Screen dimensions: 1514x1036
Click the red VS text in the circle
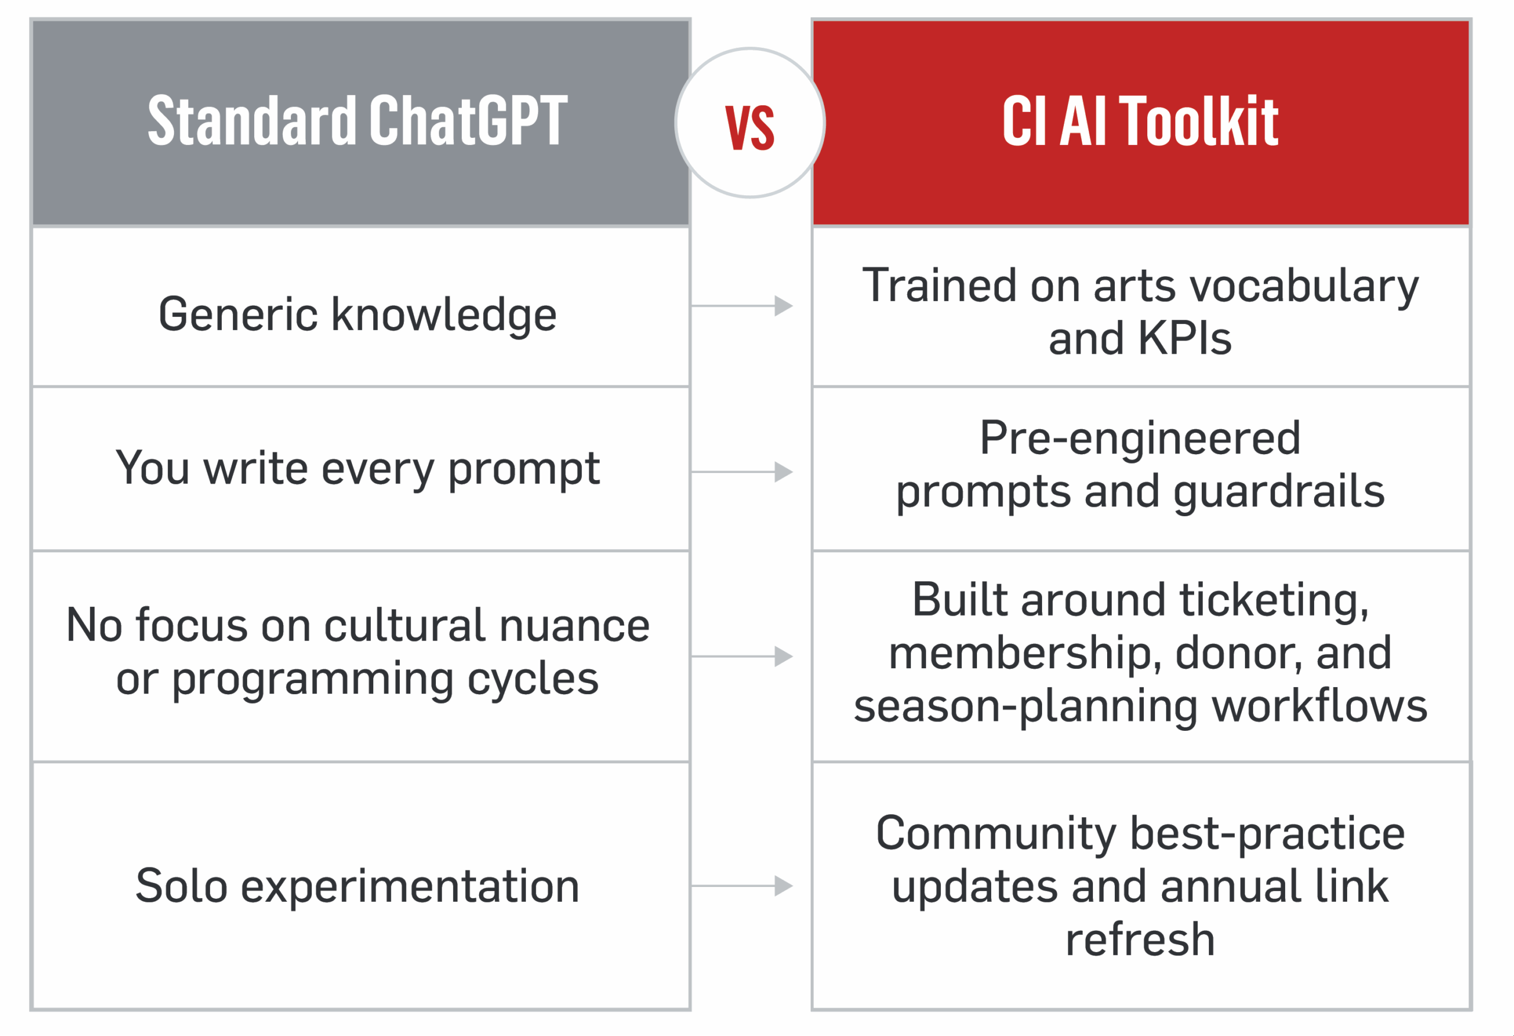750,128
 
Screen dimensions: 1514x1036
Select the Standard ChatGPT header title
358,121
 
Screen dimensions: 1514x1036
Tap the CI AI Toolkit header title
1140,121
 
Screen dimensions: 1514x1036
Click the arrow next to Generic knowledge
742,306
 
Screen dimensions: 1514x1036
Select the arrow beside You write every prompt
742,472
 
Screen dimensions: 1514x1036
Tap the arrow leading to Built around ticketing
742,656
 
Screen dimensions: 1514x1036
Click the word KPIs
1185,339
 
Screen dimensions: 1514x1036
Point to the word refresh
1140,940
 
